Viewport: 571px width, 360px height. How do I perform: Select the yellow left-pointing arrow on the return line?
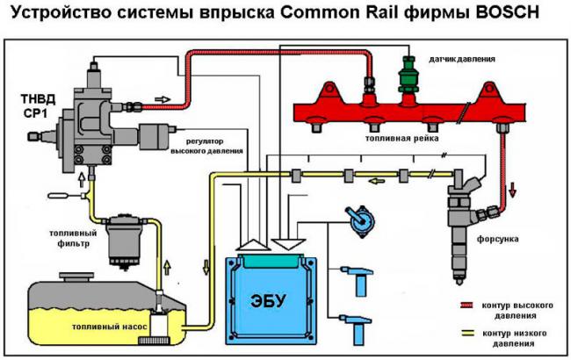(375, 182)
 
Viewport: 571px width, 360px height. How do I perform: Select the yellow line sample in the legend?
(468, 335)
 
